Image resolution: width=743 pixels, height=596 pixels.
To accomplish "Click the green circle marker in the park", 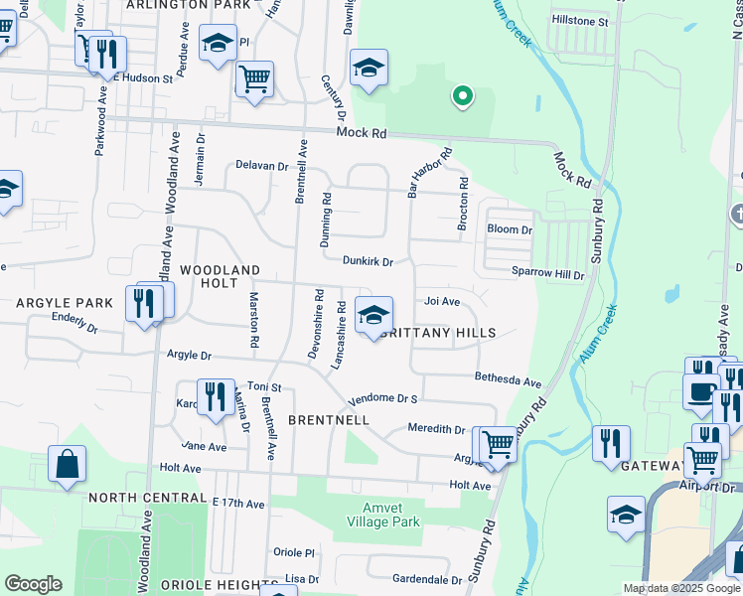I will (x=461, y=96).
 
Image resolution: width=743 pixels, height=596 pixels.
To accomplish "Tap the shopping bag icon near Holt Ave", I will (x=67, y=464).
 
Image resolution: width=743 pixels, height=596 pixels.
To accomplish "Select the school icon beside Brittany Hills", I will (x=372, y=316).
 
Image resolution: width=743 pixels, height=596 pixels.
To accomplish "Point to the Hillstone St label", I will (x=581, y=21).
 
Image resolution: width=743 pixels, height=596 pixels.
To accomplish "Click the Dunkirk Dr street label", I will (x=368, y=262).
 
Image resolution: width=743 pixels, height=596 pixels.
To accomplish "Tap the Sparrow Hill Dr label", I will (x=548, y=273).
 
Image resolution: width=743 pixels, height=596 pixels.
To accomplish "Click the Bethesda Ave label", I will (x=508, y=381).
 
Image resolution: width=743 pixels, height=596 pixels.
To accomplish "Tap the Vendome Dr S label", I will (x=380, y=399).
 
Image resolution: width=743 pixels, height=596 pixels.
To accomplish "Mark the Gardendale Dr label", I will (x=426, y=578).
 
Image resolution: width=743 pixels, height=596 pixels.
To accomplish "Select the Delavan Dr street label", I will (x=261, y=166).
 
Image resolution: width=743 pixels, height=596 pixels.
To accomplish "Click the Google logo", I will (x=33, y=584).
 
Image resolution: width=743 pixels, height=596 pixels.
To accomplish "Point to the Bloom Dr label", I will (x=510, y=229).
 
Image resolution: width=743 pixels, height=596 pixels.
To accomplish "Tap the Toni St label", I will (x=264, y=386).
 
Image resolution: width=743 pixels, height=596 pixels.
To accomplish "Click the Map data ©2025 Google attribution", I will (x=680, y=588).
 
